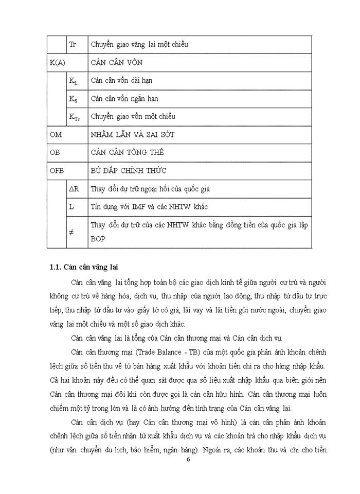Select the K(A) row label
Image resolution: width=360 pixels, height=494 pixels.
tap(57, 63)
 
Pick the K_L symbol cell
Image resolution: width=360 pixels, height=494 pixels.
tap(74, 81)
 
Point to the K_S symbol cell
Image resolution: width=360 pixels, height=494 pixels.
tap(74, 99)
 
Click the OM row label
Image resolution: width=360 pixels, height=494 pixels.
tap(55, 135)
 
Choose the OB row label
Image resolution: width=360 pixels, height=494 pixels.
tap(55, 153)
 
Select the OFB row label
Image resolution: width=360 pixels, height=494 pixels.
tap(57, 171)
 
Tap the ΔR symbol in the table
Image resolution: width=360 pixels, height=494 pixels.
tap(74, 189)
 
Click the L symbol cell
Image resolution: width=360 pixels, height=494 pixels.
tap(71, 206)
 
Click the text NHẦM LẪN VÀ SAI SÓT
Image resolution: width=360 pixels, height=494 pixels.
tap(132, 135)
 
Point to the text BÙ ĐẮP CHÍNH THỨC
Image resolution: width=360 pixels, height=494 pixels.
tap(128, 171)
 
